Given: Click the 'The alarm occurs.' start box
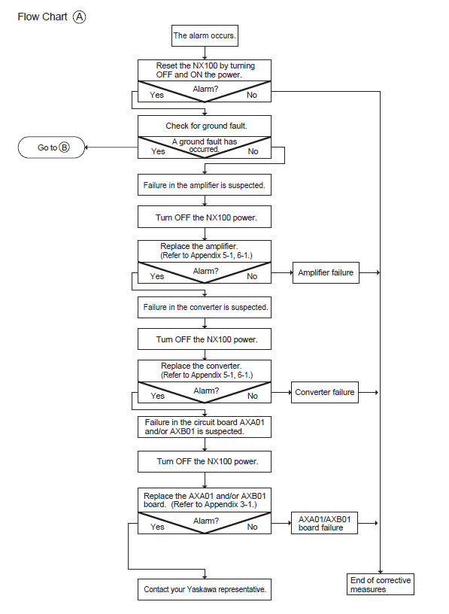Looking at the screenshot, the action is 205,35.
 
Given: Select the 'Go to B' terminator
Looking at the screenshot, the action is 51,147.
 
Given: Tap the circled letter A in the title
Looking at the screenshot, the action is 80,17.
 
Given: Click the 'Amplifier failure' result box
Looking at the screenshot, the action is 326,272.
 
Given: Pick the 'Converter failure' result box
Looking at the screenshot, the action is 325,392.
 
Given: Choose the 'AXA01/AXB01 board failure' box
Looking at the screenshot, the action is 324,523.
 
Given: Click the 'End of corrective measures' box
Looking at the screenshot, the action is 381,585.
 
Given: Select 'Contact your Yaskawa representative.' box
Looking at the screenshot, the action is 205,589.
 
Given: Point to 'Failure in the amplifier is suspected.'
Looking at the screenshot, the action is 205,185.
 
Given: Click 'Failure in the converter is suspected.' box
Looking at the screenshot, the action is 205,308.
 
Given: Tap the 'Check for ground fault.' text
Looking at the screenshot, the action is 206,126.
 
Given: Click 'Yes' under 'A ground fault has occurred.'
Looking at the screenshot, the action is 158,151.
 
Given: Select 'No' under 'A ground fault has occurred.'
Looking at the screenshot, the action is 253,151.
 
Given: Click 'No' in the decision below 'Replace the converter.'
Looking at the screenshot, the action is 253,396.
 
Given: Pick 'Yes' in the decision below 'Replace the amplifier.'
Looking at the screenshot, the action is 157,276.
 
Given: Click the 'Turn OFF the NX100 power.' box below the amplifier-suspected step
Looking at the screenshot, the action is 205,217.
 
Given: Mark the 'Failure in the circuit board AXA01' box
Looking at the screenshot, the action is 205,427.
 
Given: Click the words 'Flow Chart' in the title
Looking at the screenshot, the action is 42,17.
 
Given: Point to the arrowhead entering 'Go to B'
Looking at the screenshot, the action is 86,147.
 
